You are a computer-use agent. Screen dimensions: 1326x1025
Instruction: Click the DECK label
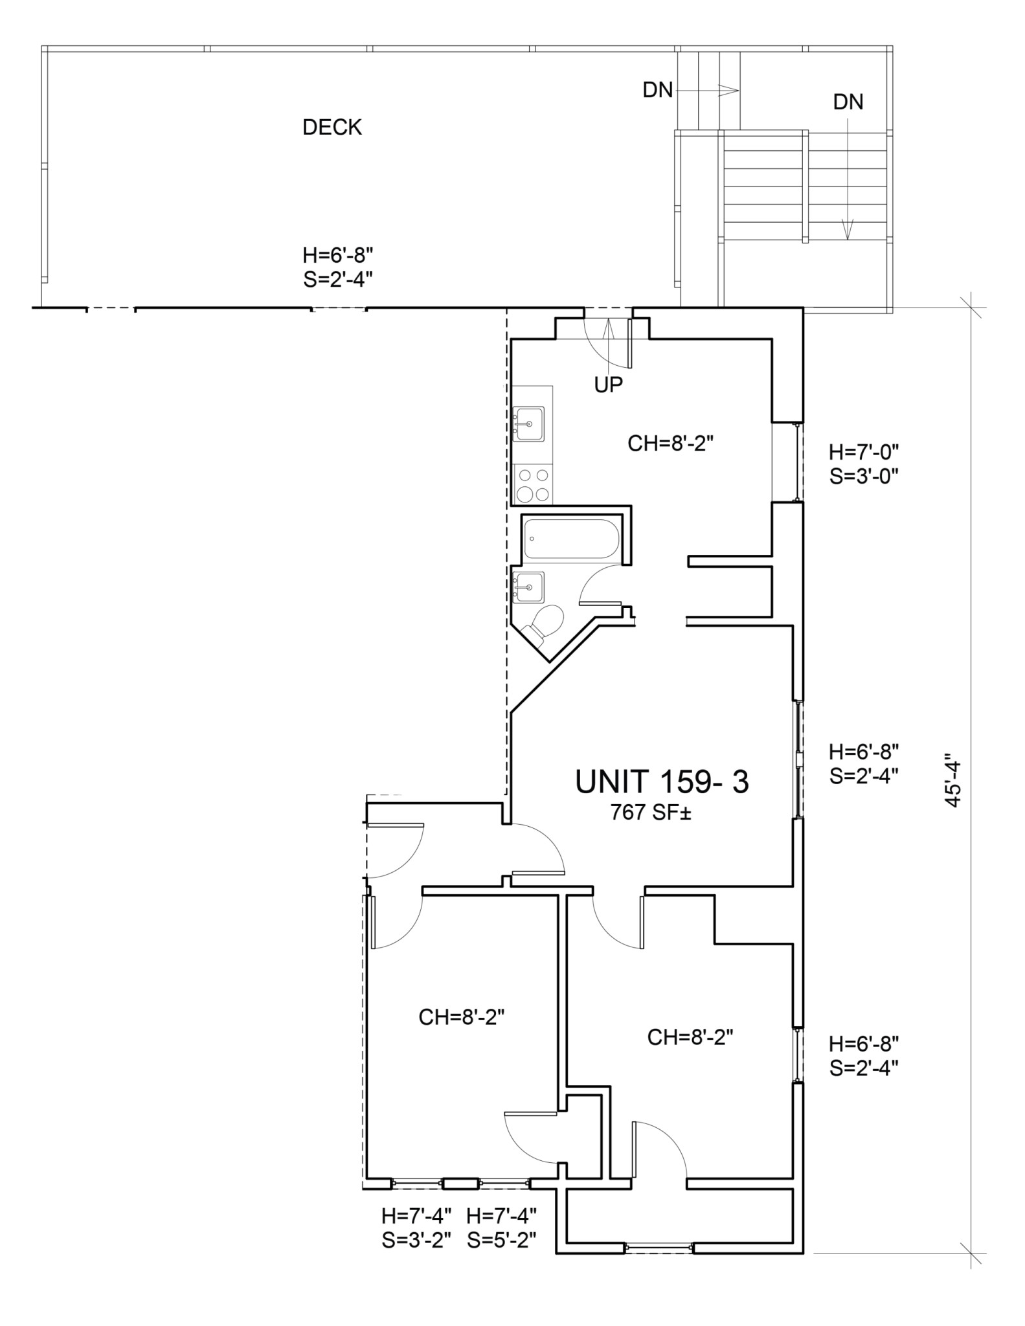pyautogui.click(x=332, y=128)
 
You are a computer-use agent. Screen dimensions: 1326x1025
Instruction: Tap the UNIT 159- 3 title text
pyautogui.click(x=662, y=781)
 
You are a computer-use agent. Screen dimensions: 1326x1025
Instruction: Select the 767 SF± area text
pyautogui.click(x=651, y=813)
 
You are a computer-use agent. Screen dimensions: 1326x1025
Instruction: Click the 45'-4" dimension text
pyautogui.click(x=952, y=780)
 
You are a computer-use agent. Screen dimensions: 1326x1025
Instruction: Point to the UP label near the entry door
pyautogui.click(x=609, y=385)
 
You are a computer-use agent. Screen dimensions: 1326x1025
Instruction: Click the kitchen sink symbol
pyautogui.click(x=528, y=424)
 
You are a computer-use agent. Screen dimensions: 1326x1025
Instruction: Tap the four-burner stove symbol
pyautogui.click(x=533, y=485)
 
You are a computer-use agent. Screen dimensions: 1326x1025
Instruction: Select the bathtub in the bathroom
pyautogui.click(x=571, y=539)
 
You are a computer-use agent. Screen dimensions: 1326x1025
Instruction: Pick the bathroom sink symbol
pyautogui.click(x=528, y=587)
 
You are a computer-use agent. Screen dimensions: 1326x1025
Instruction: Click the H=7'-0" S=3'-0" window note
pyautogui.click(x=864, y=464)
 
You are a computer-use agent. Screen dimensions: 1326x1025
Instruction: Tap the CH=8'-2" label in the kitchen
pyautogui.click(x=670, y=444)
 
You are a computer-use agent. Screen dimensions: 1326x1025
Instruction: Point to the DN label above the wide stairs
pyautogui.click(x=848, y=102)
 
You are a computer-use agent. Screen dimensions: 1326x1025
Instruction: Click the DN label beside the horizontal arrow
pyautogui.click(x=657, y=91)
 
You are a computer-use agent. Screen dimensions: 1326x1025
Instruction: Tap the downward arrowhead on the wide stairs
pyautogui.click(x=848, y=230)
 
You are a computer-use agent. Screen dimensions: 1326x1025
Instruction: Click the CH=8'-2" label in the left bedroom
pyautogui.click(x=461, y=1017)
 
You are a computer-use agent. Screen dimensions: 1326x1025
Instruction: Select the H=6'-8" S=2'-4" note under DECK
pyautogui.click(x=337, y=265)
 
